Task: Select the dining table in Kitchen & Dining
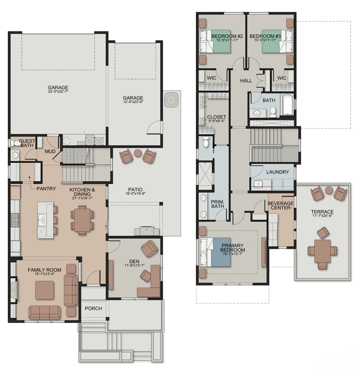click(x=82, y=219)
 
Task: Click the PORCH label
click(x=93, y=308)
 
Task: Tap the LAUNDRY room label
click(x=277, y=172)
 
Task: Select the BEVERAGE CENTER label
click(x=280, y=205)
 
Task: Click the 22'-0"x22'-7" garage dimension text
click(x=58, y=91)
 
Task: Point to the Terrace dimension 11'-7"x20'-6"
click(x=322, y=216)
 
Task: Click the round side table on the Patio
click(x=138, y=153)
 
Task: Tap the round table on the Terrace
click(x=329, y=190)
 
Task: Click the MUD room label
click(x=50, y=151)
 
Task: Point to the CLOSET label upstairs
click(x=217, y=117)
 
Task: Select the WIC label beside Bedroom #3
click(x=282, y=78)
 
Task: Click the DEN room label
click(x=134, y=261)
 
